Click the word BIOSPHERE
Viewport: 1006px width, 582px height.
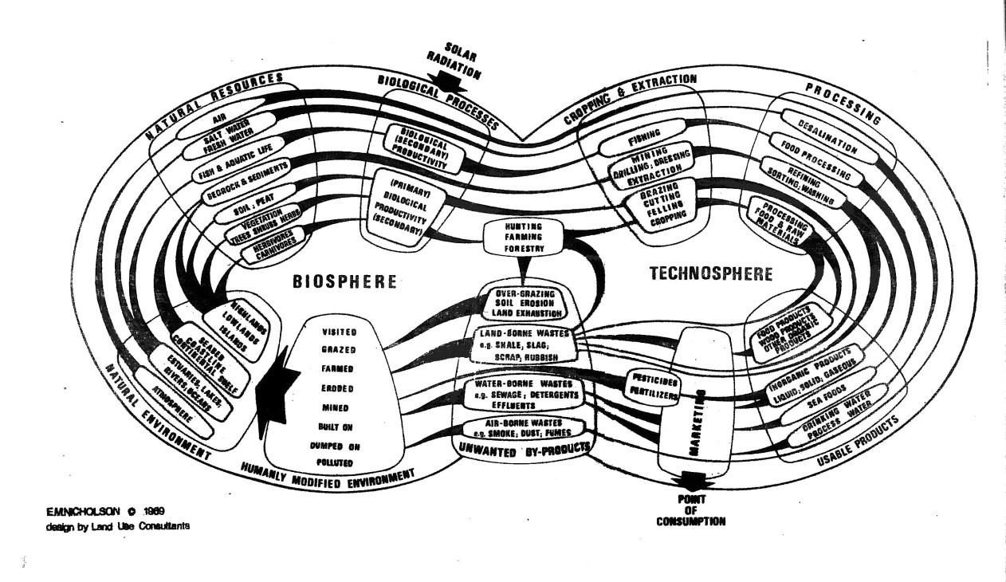(352, 281)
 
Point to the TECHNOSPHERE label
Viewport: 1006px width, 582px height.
(710, 274)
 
